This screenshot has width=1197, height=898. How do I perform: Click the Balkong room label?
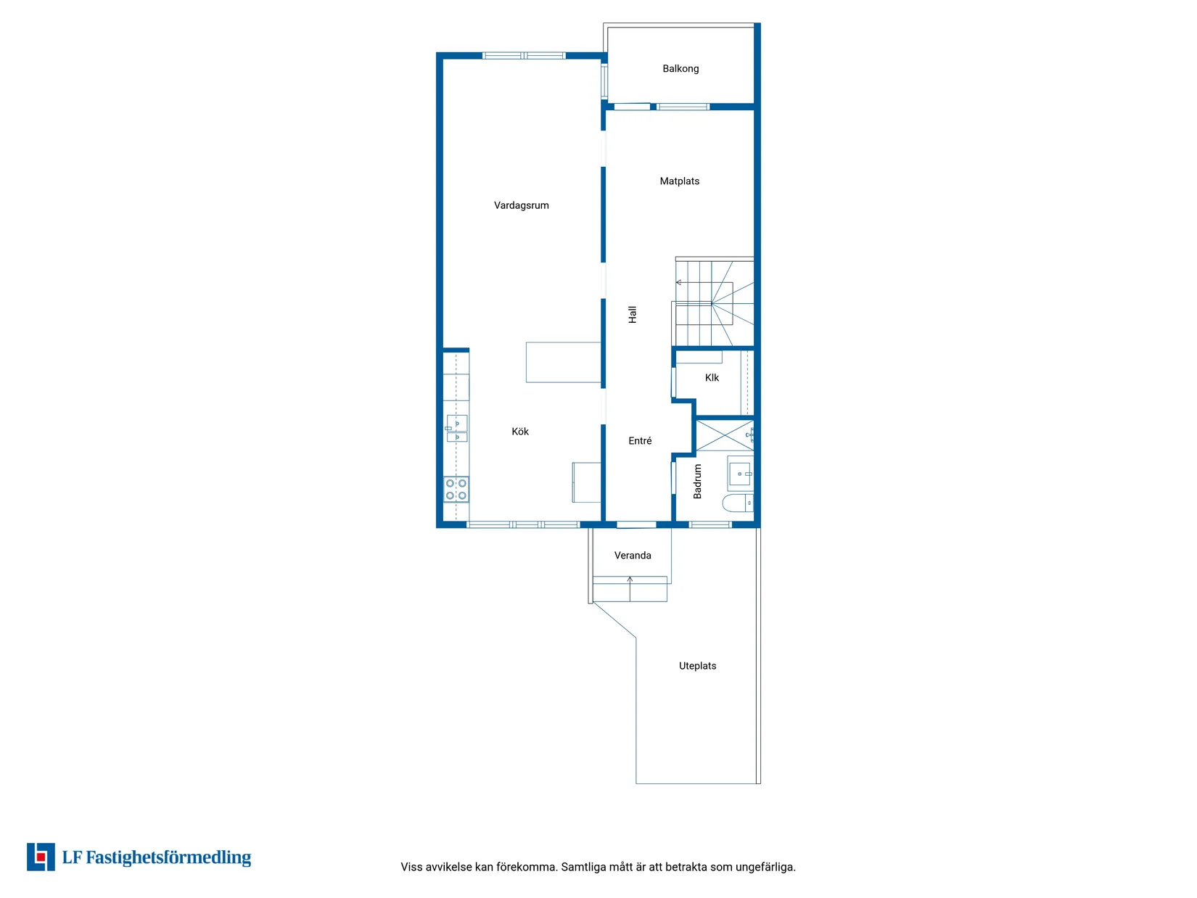(x=680, y=69)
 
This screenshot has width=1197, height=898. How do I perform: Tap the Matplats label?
(x=679, y=181)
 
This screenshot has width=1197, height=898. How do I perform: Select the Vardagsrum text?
(x=521, y=205)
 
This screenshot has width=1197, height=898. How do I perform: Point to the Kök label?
(x=519, y=432)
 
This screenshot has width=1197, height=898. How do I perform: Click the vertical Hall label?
(x=632, y=315)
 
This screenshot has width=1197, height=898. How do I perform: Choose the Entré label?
(x=640, y=440)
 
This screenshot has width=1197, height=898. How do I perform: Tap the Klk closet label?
(x=712, y=378)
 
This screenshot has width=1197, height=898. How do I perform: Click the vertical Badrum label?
(x=697, y=482)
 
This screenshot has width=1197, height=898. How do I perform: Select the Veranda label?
(x=633, y=556)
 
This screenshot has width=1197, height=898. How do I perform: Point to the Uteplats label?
(x=697, y=666)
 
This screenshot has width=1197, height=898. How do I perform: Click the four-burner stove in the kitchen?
(x=456, y=489)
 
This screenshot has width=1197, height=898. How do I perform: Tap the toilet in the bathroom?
(x=737, y=503)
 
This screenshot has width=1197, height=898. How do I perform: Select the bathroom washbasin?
(x=740, y=474)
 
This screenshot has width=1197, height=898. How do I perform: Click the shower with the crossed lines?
(x=725, y=435)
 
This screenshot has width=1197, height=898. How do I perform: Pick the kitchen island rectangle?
(x=563, y=362)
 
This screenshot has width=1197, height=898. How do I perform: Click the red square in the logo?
(x=41, y=857)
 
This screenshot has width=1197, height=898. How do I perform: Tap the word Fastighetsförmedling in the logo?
(x=168, y=857)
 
